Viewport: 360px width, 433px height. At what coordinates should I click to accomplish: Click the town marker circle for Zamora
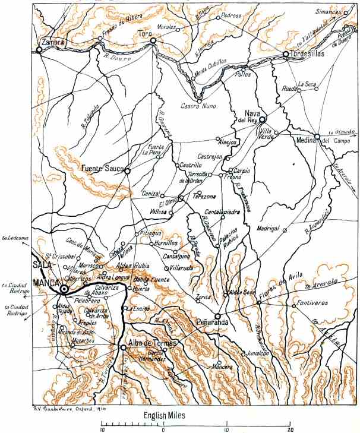[x=40, y=50]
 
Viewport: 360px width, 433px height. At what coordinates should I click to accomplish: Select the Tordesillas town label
[x=307, y=53]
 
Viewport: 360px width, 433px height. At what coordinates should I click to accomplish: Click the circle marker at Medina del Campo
[x=317, y=138]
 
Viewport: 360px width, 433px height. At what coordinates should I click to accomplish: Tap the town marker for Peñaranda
[x=218, y=316]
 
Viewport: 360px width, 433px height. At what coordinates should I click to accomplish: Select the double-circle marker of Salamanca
[x=64, y=289]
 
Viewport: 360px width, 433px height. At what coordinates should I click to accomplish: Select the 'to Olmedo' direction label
[x=341, y=132]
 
